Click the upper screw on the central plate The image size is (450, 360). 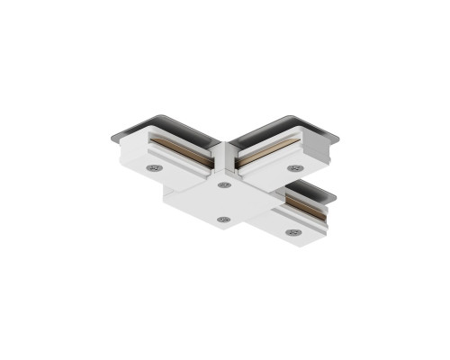pos(223,185)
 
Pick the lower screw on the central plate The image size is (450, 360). pos(225,220)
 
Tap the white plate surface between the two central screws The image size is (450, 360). pos(224,202)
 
